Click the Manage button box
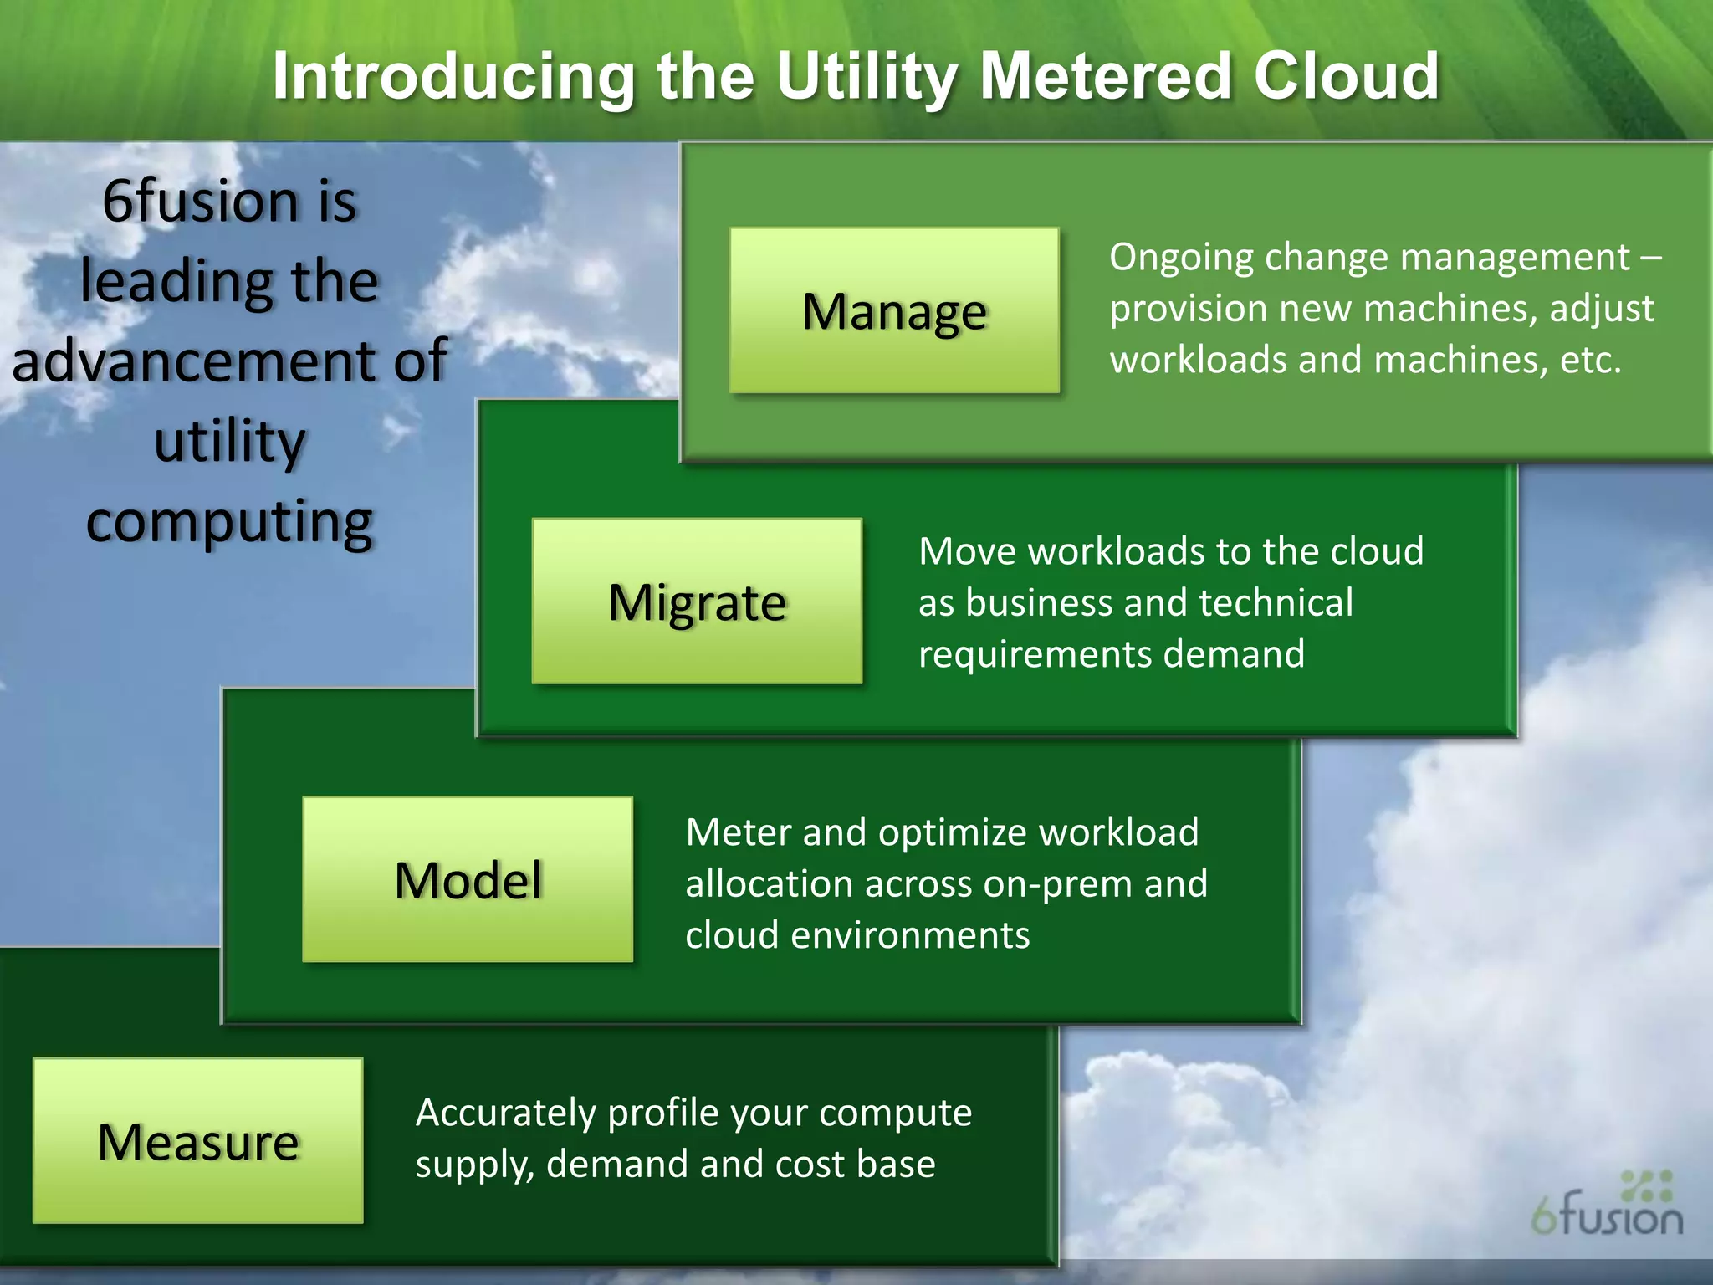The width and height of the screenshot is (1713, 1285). (x=894, y=311)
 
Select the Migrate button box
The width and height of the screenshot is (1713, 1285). (x=697, y=602)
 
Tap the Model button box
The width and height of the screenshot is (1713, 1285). (x=468, y=879)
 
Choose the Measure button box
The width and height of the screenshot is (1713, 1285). (x=198, y=1141)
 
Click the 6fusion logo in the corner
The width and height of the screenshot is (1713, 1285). (x=1607, y=1205)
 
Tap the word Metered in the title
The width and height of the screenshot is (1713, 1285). (x=1105, y=77)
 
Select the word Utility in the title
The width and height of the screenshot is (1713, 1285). (x=867, y=77)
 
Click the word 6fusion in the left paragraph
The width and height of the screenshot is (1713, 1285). (x=200, y=202)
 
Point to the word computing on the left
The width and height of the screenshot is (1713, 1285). (x=229, y=521)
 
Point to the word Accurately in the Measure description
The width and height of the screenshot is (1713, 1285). (x=504, y=1113)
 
